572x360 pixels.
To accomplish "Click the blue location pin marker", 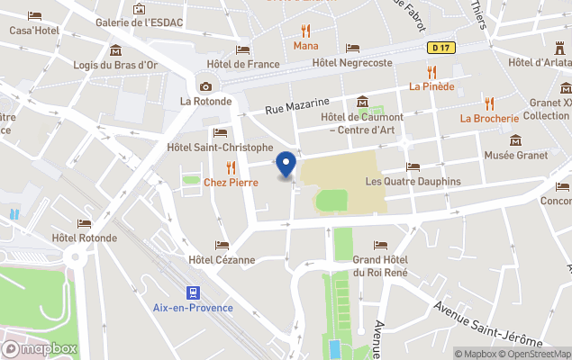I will (x=286, y=165).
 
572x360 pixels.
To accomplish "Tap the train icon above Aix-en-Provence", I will (x=192, y=292).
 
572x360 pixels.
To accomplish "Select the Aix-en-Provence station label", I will (x=193, y=308).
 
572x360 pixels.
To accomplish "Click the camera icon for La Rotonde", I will (x=206, y=86).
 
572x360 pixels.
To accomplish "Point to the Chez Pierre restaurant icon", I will (x=231, y=166).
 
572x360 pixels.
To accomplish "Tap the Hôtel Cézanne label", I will (x=222, y=260).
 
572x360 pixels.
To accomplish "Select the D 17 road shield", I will (x=439, y=47).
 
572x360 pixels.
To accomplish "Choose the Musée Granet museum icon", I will (x=516, y=140).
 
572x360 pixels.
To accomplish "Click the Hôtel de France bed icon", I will (x=242, y=49).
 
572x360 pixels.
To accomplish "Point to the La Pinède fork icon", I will (x=431, y=71).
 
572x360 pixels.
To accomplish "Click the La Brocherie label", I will (x=489, y=118).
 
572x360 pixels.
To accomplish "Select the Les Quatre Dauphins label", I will (x=413, y=181).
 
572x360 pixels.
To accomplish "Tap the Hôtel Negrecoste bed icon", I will (x=352, y=49).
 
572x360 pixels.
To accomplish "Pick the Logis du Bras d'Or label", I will (x=115, y=64).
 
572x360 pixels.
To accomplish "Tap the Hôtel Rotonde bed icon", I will (x=85, y=223).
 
